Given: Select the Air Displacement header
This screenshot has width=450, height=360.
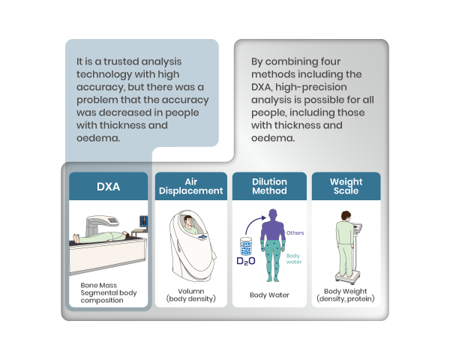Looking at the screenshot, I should tap(190, 186).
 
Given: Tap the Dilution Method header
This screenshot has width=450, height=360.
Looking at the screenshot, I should tap(269, 186).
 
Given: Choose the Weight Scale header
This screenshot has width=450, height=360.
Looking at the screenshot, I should tap(346, 186).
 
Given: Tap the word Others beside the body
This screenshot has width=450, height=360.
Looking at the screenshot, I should tap(295, 232).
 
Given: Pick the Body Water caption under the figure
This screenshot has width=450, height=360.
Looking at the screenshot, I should tap(269, 295).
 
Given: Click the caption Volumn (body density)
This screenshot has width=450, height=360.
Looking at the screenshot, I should tap(190, 295).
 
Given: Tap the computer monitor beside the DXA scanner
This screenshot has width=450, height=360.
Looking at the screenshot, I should tap(143, 223).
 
